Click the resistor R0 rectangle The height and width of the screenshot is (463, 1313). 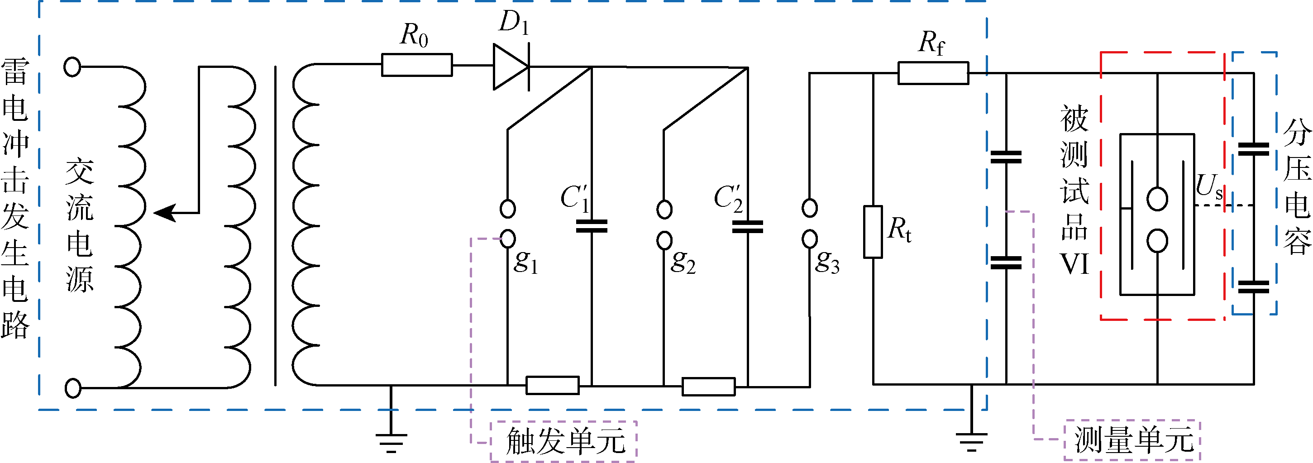tap(416, 65)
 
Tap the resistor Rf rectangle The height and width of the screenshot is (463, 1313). tap(933, 73)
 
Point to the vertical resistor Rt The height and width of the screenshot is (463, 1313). tap(873, 232)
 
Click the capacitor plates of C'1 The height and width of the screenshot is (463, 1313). tap(591, 226)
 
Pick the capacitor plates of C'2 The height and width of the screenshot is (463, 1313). tap(747, 226)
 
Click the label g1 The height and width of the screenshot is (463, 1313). tap(525, 262)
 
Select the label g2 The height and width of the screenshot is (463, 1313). tap(683, 262)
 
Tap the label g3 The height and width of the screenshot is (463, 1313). tap(827, 262)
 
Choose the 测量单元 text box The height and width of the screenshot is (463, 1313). tap(1132, 440)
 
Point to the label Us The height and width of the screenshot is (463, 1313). tap(1209, 186)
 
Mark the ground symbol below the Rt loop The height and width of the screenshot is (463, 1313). tap(971, 441)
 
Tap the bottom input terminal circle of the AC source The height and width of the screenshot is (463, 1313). tap(73, 388)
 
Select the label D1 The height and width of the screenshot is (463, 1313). tap(514, 23)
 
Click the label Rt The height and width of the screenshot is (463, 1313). tap(899, 229)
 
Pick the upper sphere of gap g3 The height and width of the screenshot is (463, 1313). tap(809, 208)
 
